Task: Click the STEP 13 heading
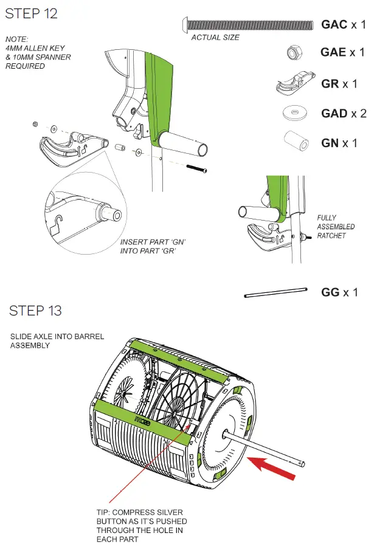coord(35,311)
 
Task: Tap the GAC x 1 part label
coord(343,25)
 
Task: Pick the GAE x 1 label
coord(342,53)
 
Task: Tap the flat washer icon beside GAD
coord(294,114)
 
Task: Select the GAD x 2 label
coord(344,114)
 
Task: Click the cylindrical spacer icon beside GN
coord(296,142)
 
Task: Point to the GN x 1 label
coord(339,143)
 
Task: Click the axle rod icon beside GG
coord(275,292)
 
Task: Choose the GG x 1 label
coord(339,292)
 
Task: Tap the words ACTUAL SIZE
coord(215,38)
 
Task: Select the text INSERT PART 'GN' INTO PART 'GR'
coord(153,246)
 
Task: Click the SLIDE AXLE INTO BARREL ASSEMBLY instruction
coord(57,341)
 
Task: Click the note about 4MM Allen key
coord(38,53)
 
